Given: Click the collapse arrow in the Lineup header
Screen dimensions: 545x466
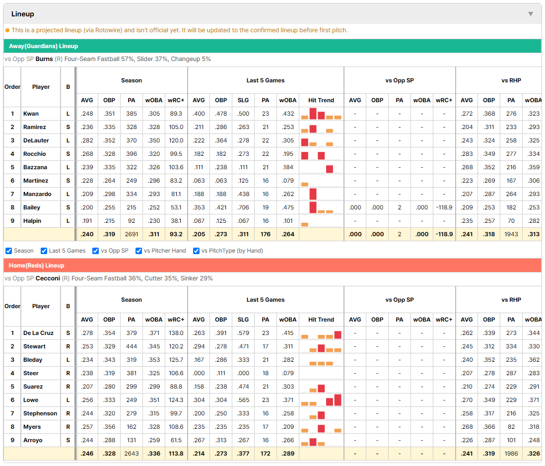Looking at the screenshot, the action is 531,14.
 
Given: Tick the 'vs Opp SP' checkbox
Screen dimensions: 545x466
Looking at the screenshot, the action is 96,251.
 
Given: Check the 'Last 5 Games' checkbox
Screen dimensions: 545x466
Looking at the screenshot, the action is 44,251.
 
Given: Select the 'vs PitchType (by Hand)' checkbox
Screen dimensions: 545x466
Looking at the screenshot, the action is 197,251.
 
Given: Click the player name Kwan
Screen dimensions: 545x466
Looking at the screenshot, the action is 31,114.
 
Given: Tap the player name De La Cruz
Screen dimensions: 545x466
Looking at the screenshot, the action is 38,333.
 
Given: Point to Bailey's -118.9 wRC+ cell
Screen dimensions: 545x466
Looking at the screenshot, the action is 444,207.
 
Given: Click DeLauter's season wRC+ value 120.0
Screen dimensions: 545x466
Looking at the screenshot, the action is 176,140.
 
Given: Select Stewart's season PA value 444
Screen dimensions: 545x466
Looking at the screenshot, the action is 132,346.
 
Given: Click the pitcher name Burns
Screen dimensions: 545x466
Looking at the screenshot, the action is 44,59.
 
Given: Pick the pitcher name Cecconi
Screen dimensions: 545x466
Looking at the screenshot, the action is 48,278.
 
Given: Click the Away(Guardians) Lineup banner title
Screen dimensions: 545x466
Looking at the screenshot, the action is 44,46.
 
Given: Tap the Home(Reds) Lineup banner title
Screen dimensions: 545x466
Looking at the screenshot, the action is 37,266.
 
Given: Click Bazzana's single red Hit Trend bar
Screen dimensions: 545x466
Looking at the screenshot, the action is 330,169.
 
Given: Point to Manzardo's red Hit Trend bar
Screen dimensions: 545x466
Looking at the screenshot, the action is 313,194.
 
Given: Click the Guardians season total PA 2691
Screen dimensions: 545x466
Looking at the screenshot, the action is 132,234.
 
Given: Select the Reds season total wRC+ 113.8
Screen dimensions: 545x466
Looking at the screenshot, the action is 176,454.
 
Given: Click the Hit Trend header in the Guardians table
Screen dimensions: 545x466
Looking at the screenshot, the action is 321,100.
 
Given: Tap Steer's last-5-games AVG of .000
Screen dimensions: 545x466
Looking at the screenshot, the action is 199,373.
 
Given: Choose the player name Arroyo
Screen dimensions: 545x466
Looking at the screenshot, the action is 33,440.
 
